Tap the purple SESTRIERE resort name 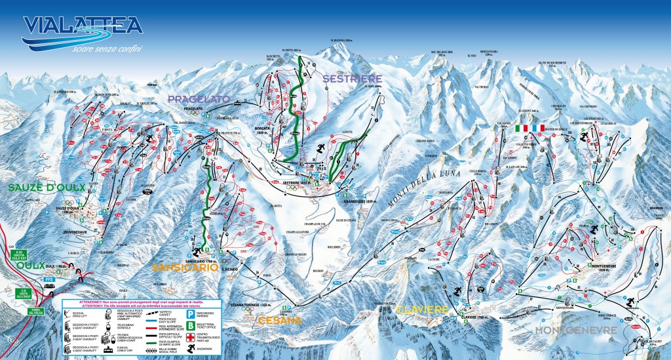351,79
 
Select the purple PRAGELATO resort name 198,99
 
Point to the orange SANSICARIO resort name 182,267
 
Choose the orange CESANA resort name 280,321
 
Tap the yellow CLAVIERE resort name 421,308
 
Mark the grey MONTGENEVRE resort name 576,330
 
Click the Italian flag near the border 522,129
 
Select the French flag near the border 539,129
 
